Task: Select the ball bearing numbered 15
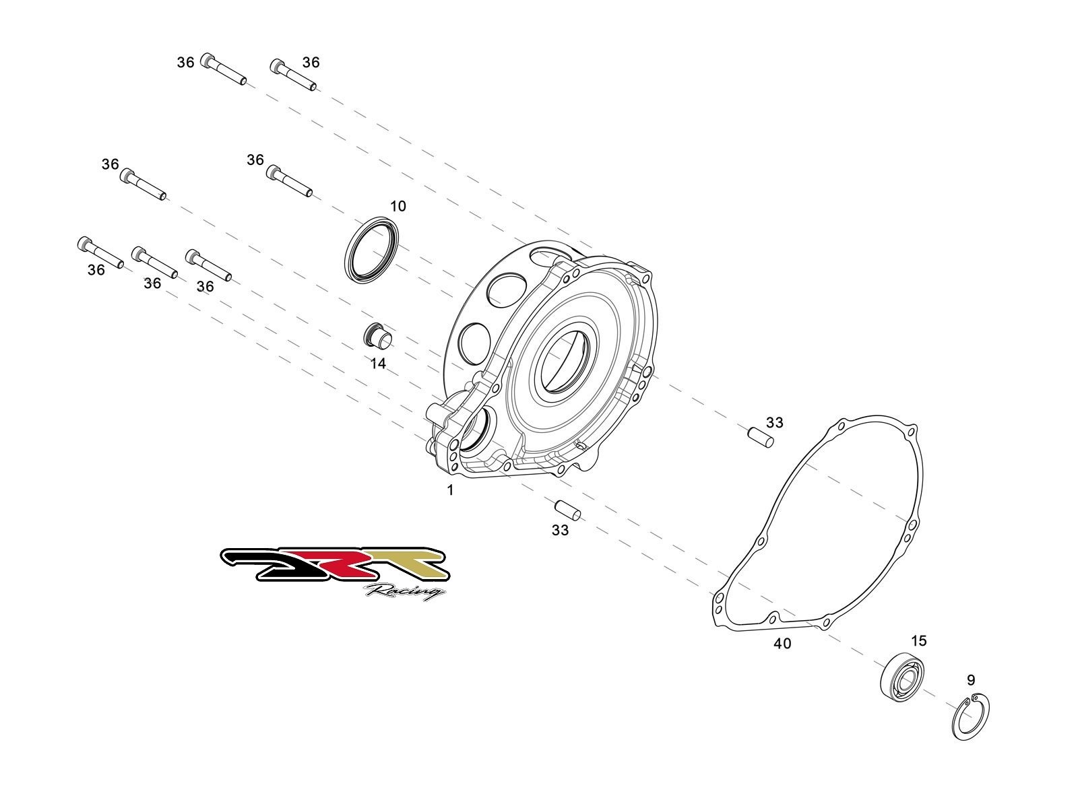(901, 675)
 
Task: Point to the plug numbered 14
(377, 336)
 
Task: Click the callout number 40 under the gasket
(782, 644)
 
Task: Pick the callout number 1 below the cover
(451, 491)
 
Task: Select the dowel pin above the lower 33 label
(567, 510)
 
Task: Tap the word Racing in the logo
(405, 592)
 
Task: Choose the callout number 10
(398, 206)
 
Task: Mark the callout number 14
(378, 364)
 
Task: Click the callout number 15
(919, 640)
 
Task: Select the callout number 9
(970, 680)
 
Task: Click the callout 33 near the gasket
(775, 422)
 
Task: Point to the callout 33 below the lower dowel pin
(560, 531)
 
